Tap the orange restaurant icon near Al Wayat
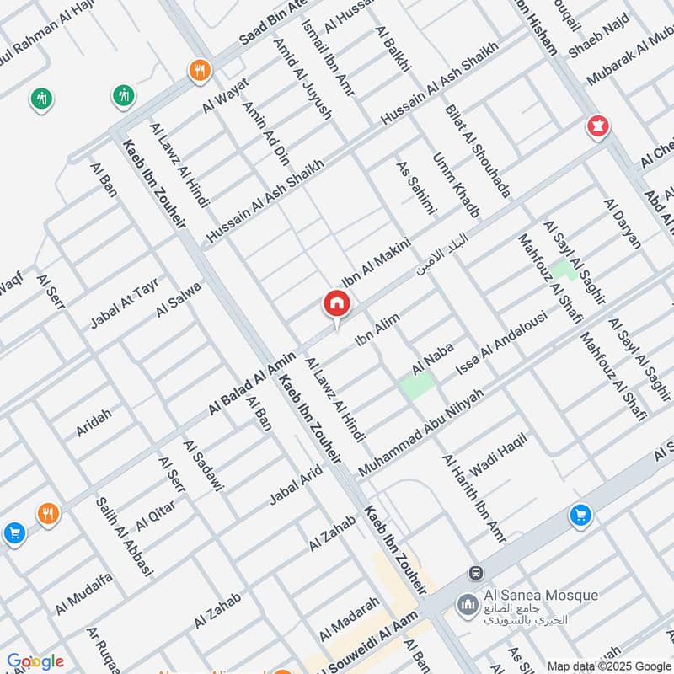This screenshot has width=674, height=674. pos(200,70)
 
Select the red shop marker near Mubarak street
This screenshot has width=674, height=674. pos(598,127)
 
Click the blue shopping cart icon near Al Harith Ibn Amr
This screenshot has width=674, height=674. pos(580,516)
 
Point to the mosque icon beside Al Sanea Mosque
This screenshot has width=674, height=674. pos(467,604)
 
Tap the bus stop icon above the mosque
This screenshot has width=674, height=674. pos(475,573)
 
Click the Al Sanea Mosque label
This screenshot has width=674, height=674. pos(541,596)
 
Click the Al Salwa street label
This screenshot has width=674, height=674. pos(179,300)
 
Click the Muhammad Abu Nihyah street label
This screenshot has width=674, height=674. pos(420,433)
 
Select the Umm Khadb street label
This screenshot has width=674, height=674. pos(456,185)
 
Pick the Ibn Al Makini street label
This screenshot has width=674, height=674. pos(376,263)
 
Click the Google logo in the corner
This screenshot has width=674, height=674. pos(35,661)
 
